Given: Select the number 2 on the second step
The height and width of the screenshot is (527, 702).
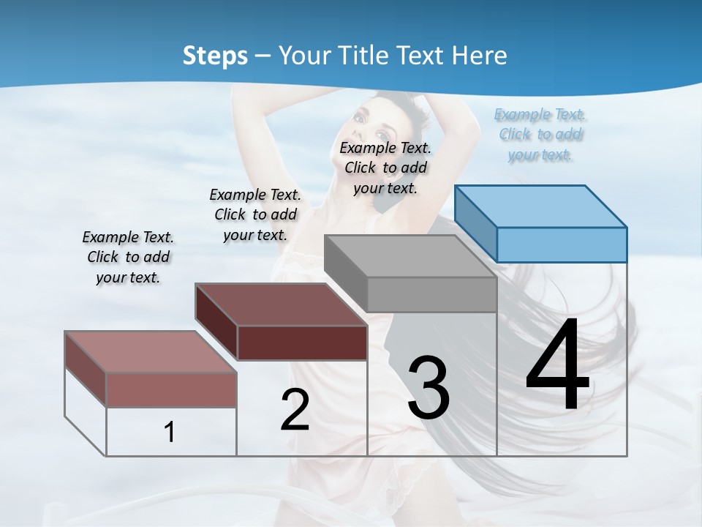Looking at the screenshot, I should coord(295,410).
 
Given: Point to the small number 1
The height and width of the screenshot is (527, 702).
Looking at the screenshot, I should coord(170,432).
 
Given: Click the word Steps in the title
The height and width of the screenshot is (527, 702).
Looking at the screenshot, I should coord(215,56).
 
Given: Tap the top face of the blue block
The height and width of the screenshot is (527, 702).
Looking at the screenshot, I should coord(541,206).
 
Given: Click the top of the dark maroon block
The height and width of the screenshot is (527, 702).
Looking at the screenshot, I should coord(281,304).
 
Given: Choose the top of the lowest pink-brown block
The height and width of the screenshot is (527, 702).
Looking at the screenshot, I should coord(151,351).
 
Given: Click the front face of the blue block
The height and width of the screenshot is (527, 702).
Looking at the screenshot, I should coord(562,244).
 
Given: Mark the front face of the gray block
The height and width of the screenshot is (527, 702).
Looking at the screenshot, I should coord(431,295).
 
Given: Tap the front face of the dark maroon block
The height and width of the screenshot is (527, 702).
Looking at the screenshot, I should coord(302,343).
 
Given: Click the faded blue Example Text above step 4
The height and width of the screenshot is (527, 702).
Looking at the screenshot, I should coord(540,135).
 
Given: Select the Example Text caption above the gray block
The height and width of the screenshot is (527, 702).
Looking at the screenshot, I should coord(385,168).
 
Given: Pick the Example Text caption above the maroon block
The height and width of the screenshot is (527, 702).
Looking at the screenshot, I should coord(255,214).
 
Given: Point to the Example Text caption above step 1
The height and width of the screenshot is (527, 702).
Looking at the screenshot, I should coord(128,257).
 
